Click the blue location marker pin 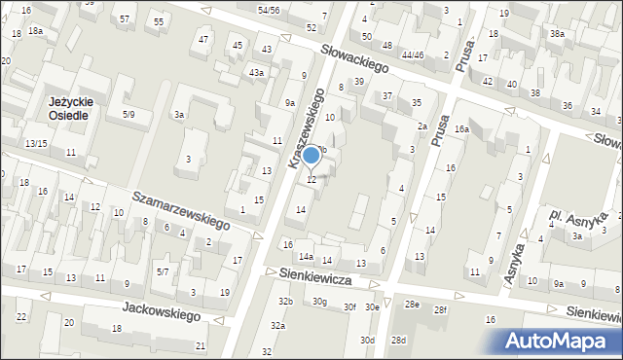pos(311,156)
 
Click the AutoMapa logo pos(562,341)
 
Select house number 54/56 pos(269,10)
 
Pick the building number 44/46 pos(412,55)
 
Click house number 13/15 pos(36,144)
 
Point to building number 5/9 pos(129,115)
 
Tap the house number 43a pos(256,73)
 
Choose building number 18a pos(35,31)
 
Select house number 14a pos(306,257)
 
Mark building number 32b pos(285,302)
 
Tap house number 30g pos(319,302)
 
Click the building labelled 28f pos(440,309)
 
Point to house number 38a pos(556,33)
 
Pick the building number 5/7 pos(164,271)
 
